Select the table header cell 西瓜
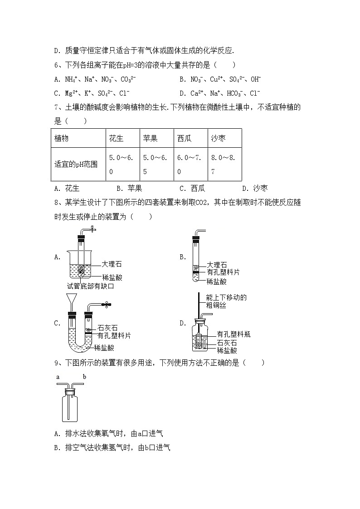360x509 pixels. point(185,139)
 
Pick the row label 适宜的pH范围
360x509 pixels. point(76,165)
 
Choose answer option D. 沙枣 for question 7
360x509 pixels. point(255,189)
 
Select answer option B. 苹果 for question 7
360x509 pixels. point(129,189)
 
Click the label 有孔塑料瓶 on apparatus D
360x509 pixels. point(234,334)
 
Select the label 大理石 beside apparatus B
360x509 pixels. point(217,265)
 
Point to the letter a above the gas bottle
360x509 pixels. point(58,377)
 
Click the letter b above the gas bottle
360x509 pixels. point(84,377)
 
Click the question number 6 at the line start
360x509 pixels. point(56,65)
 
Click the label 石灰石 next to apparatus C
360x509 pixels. point(107,328)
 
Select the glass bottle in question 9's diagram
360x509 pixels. point(71,406)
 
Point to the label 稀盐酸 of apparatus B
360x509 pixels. point(217,281)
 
